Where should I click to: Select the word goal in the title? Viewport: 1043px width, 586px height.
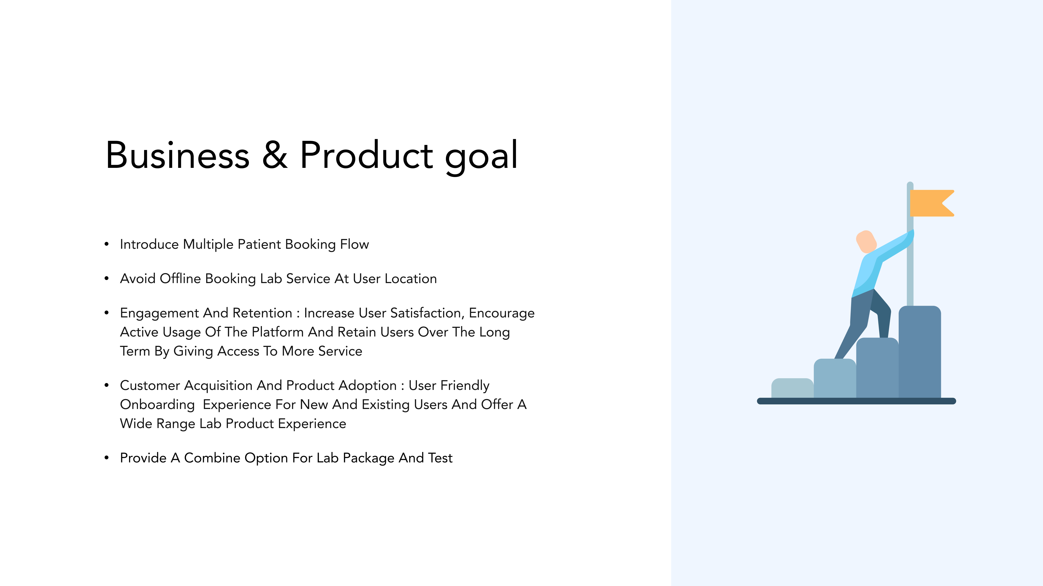[481, 158]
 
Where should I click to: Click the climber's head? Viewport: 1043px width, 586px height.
[866, 242]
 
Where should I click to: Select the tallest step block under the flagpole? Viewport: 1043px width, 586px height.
[920, 352]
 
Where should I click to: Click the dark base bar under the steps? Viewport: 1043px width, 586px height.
[856, 401]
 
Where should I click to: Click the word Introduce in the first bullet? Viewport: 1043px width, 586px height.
[149, 244]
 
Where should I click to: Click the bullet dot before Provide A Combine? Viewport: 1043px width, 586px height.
[106, 458]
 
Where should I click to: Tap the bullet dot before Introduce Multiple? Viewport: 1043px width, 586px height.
[106, 244]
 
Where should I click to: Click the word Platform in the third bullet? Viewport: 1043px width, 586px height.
[277, 332]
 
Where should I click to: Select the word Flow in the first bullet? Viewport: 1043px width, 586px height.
[354, 244]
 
